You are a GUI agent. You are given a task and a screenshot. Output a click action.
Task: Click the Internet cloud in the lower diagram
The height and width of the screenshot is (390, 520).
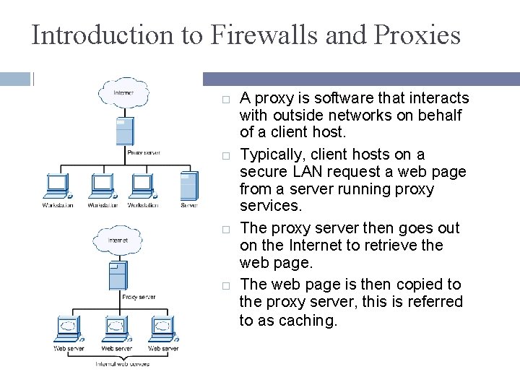pos(118,240)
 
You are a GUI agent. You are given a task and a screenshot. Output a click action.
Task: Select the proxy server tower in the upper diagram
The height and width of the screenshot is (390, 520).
pos(125,131)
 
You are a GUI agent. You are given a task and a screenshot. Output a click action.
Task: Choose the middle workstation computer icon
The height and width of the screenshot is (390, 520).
pos(102,186)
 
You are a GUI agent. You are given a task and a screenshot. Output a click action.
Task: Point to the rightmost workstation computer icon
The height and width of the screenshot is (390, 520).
pos(142,186)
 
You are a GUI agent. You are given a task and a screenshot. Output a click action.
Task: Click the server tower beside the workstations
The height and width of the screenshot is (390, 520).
pos(188,186)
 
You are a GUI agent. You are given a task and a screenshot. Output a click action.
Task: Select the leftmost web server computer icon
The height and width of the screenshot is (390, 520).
pos(69,329)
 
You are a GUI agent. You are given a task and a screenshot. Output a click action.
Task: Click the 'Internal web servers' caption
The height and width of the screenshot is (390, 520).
pos(123,364)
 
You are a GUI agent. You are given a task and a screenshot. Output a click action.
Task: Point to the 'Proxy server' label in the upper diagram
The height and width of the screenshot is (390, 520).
pos(143,152)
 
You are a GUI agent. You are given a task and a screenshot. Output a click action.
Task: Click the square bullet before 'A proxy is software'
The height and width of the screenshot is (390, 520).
pos(225,98)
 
